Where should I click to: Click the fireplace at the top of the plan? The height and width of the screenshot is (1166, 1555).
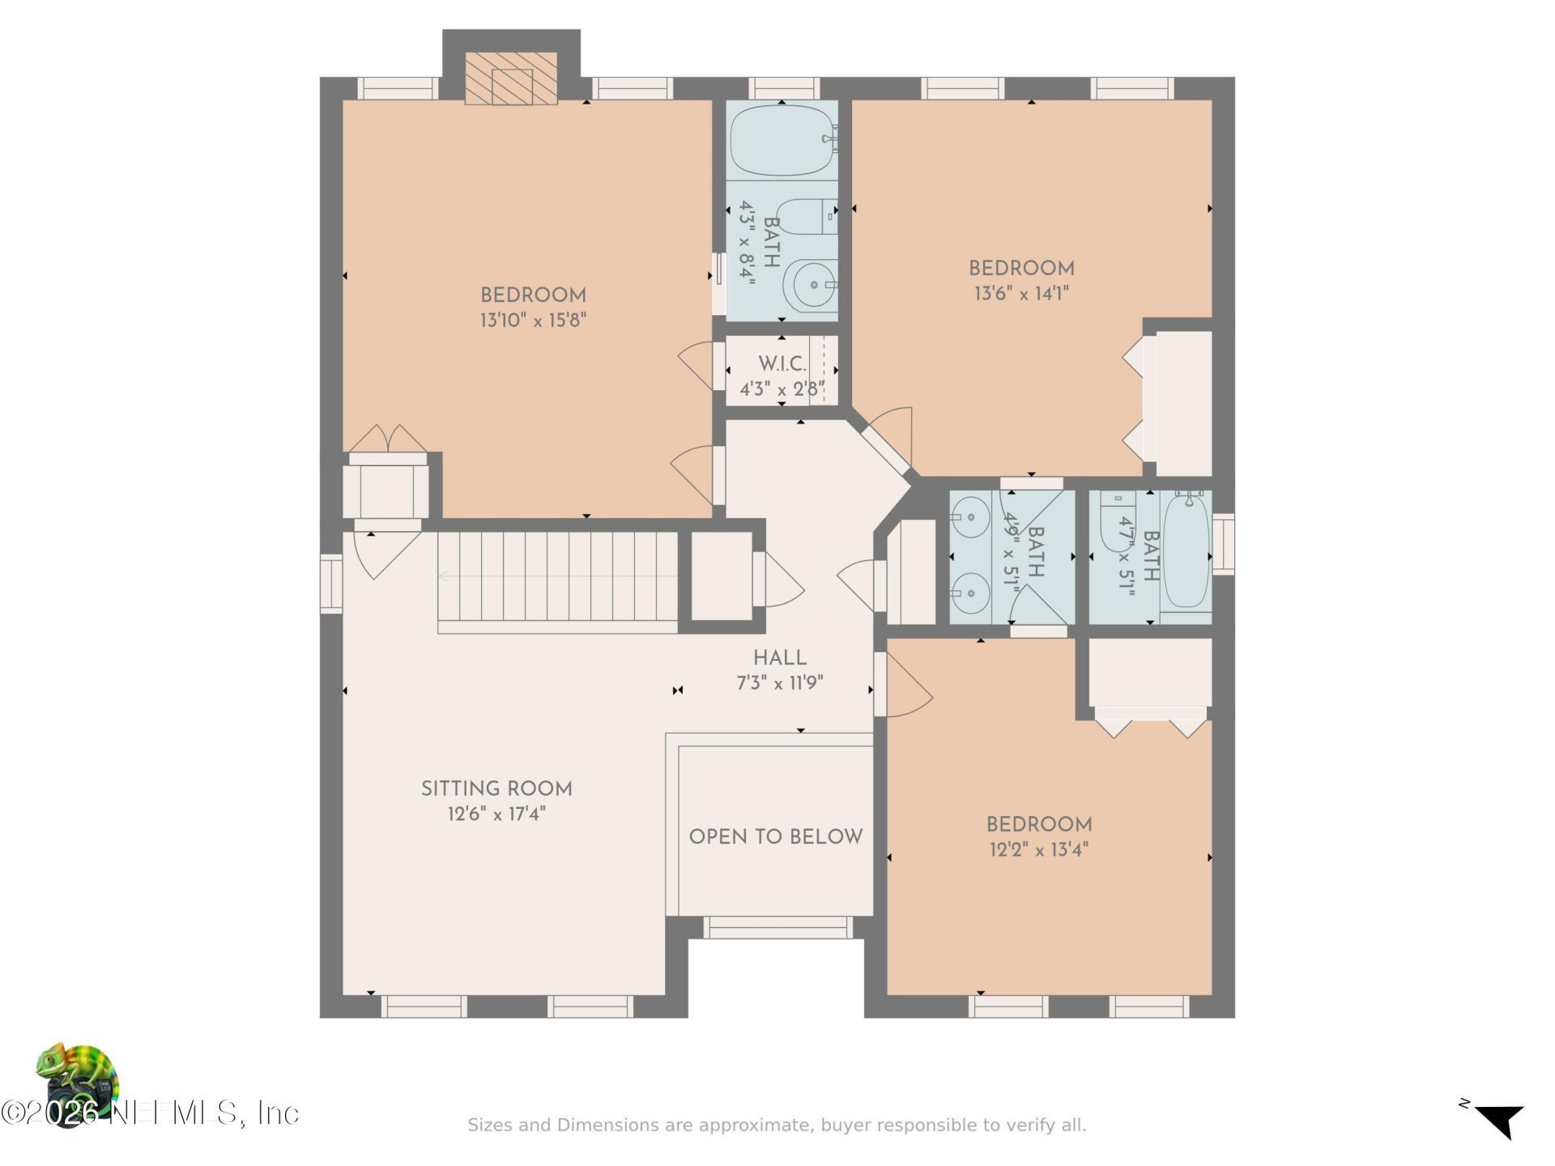point(511,79)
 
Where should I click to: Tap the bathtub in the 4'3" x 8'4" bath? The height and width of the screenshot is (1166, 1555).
point(783,141)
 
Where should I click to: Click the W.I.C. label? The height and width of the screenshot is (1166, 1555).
point(782,364)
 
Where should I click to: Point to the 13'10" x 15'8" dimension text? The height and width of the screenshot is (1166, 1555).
point(533,320)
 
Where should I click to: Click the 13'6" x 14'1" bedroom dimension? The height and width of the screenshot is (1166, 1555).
point(1021,293)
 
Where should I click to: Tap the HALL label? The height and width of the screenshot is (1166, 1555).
point(780,658)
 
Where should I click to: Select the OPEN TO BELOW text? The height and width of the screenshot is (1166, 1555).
point(776,836)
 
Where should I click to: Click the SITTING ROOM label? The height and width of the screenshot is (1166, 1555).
point(496,789)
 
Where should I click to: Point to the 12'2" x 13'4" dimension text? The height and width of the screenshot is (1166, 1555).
point(1039,849)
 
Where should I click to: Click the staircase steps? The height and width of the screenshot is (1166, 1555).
point(558,582)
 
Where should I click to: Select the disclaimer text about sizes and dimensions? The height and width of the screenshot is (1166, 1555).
point(777,1125)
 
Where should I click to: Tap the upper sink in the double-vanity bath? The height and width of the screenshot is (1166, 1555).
point(969,513)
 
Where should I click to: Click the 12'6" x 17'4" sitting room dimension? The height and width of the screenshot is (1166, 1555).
point(496,814)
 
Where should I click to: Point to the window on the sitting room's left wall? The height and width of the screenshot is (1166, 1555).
point(331,584)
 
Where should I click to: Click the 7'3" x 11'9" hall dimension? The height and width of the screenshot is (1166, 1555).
point(780,683)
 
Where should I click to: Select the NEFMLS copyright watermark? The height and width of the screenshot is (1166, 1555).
point(150,1113)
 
